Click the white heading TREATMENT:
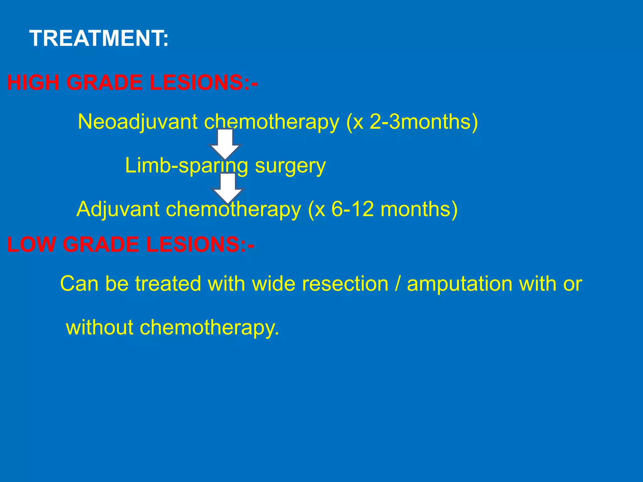[99, 38]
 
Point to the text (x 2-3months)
[412, 122]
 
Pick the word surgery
[290, 166]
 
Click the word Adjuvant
[118, 209]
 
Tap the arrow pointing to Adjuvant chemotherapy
[228, 188]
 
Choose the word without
[100, 328]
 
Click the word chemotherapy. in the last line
[209, 328]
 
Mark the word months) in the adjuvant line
[419, 209]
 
